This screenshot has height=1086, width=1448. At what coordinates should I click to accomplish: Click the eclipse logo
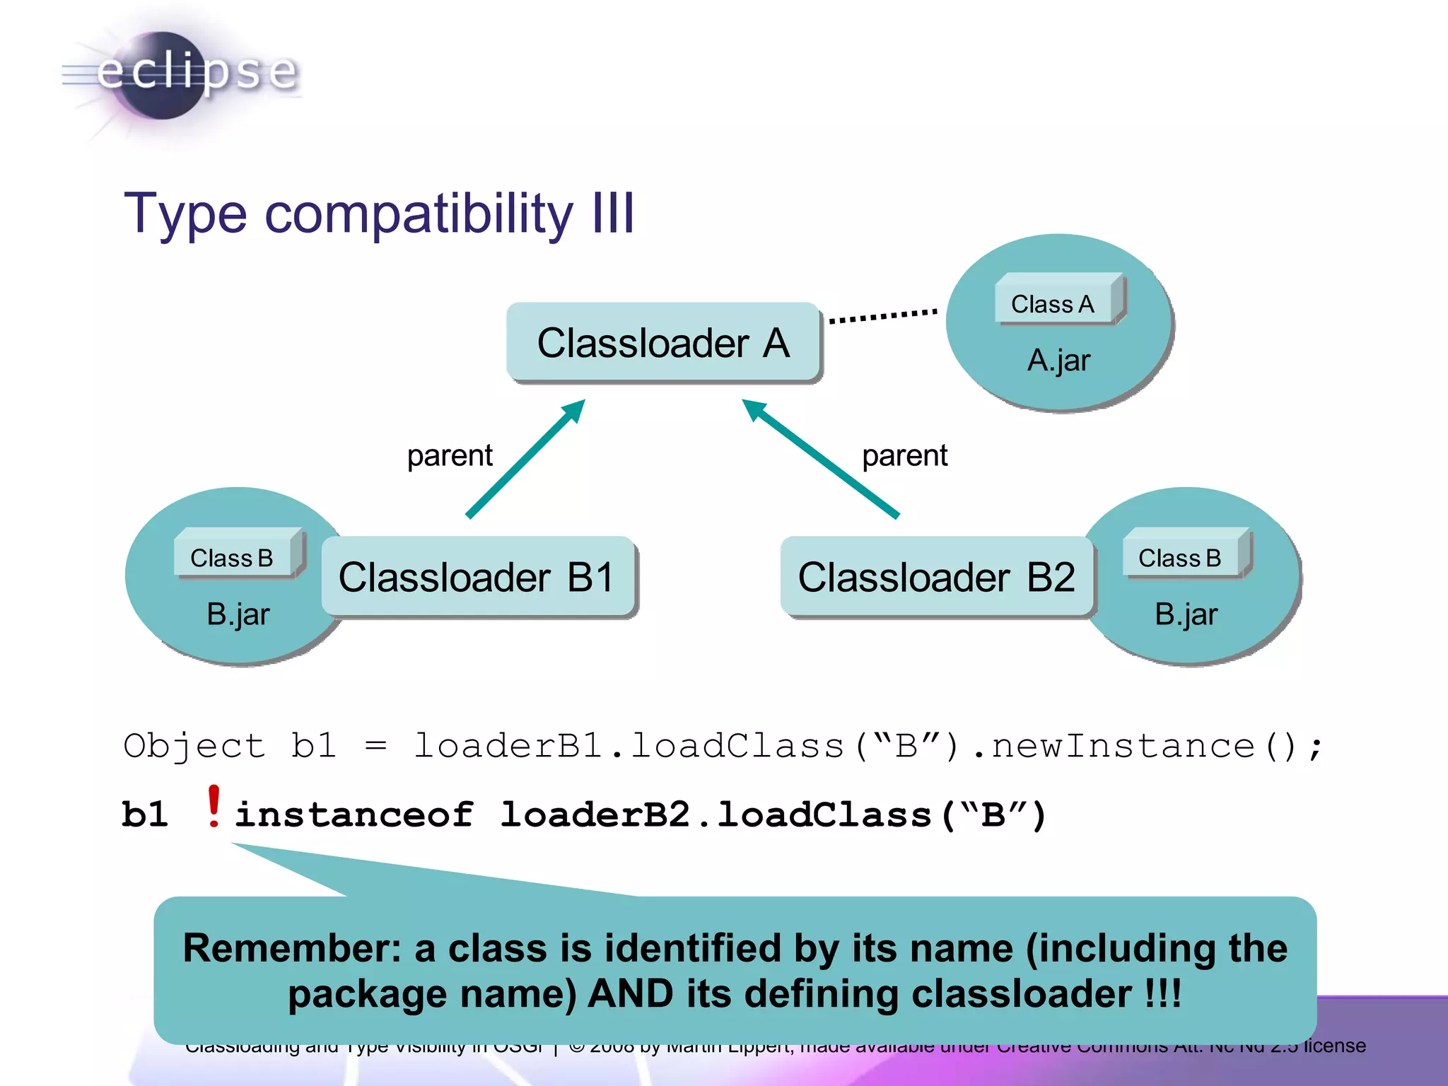(x=180, y=74)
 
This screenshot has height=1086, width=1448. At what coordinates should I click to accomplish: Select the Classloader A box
(x=663, y=343)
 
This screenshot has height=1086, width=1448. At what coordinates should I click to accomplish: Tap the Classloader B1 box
(x=478, y=577)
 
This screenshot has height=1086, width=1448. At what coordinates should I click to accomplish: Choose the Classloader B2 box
(x=936, y=577)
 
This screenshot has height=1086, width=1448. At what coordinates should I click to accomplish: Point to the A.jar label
(x=1058, y=361)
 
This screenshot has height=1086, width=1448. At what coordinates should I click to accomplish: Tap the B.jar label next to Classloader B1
(x=238, y=614)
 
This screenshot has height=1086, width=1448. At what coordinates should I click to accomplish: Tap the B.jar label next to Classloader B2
(x=1186, y=614)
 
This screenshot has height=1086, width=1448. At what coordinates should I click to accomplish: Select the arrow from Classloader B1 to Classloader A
(x=525, y=460)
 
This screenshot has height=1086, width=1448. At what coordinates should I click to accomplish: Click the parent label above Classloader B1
(x=450, y=455)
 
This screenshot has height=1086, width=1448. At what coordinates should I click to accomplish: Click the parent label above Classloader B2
(x=904, y=455)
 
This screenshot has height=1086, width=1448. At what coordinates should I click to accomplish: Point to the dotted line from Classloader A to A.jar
(x=883, y=315)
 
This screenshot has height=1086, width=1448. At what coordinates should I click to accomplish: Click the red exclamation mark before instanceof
(x=214, y=806)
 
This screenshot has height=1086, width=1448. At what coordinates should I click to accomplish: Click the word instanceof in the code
(x=354, y=814)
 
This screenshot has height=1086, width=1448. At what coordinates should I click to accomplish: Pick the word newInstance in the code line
(x=1123, y=747)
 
